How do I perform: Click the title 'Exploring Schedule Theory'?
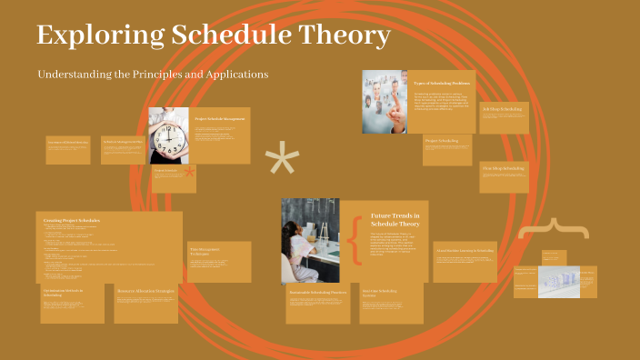point(214,36)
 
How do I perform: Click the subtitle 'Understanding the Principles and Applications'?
point(153,73)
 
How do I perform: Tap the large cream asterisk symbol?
point(282,161)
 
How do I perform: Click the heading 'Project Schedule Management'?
point(220,118)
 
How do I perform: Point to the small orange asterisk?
point(189,173)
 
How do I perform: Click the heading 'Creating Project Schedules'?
point(72,220)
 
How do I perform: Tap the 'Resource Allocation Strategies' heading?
point(145,291)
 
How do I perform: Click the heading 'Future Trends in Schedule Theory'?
point(395,218)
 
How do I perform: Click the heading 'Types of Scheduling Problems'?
point(440,83)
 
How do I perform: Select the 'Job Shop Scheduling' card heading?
point(502,109)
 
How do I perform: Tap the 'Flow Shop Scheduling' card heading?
point(503,168)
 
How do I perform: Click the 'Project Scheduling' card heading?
point(441,141)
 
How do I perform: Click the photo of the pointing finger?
point(384,102)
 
